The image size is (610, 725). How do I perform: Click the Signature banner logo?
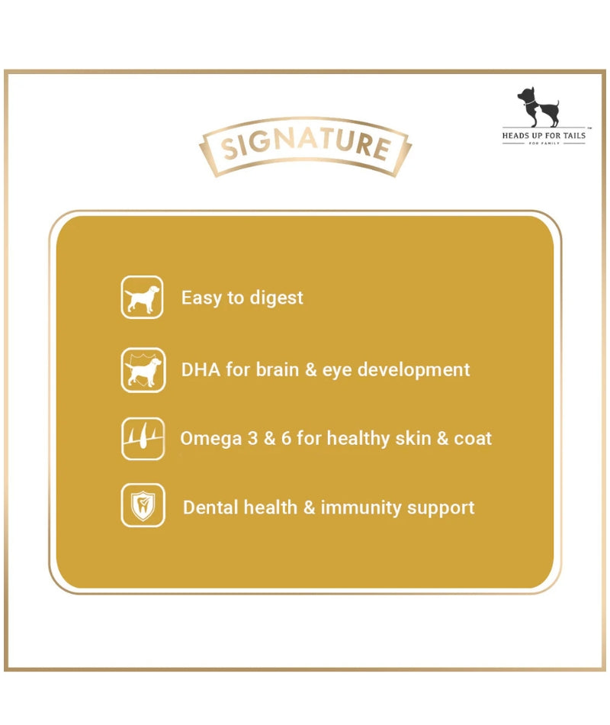(x=305, y=146)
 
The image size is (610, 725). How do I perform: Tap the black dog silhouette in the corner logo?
(x=538, y=106)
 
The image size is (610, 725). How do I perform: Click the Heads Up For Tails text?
(x=544, y=136)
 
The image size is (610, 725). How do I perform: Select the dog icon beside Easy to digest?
(x=143, y=298)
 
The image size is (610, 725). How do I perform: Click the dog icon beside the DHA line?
(x=143, y=370)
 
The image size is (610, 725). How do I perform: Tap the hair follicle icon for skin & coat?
(x=143, y=439)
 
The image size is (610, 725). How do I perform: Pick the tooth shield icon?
(x=143, y=505)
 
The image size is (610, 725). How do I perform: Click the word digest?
(x=276, y=298)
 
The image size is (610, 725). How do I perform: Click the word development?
(x=413, y=370)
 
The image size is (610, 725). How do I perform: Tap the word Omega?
(x=210, y=439)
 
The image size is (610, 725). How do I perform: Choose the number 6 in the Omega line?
(x=286, y=438)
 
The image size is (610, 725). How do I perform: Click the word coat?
(x=473, y=439)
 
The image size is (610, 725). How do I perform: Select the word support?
(x=441, y=508)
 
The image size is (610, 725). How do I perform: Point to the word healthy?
(x=358, y=439)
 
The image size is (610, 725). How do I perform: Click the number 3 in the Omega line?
(x=252, y=438)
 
